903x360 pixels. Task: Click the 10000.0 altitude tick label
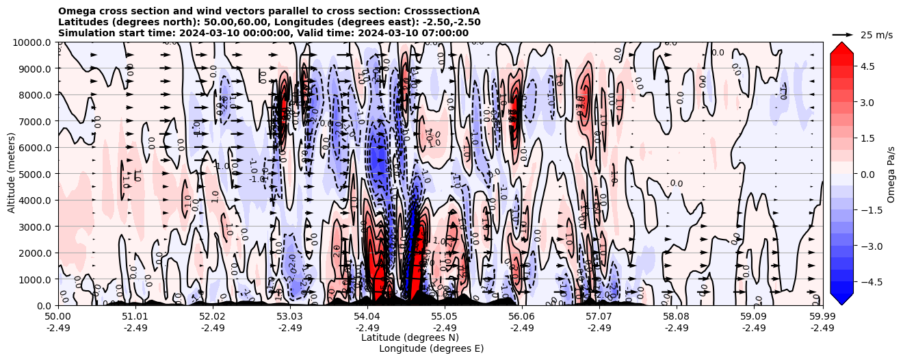33,42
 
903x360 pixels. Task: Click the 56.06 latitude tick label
522,317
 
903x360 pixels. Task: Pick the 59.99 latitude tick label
822,317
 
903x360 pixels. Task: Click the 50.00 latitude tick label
58,317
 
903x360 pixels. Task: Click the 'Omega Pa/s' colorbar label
891,174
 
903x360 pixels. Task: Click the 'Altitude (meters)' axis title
12,174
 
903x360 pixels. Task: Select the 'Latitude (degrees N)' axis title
410,337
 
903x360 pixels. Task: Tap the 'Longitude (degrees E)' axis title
431,348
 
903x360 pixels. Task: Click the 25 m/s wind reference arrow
842,34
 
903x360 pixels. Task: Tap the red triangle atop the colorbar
841,48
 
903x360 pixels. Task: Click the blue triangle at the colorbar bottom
841,298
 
